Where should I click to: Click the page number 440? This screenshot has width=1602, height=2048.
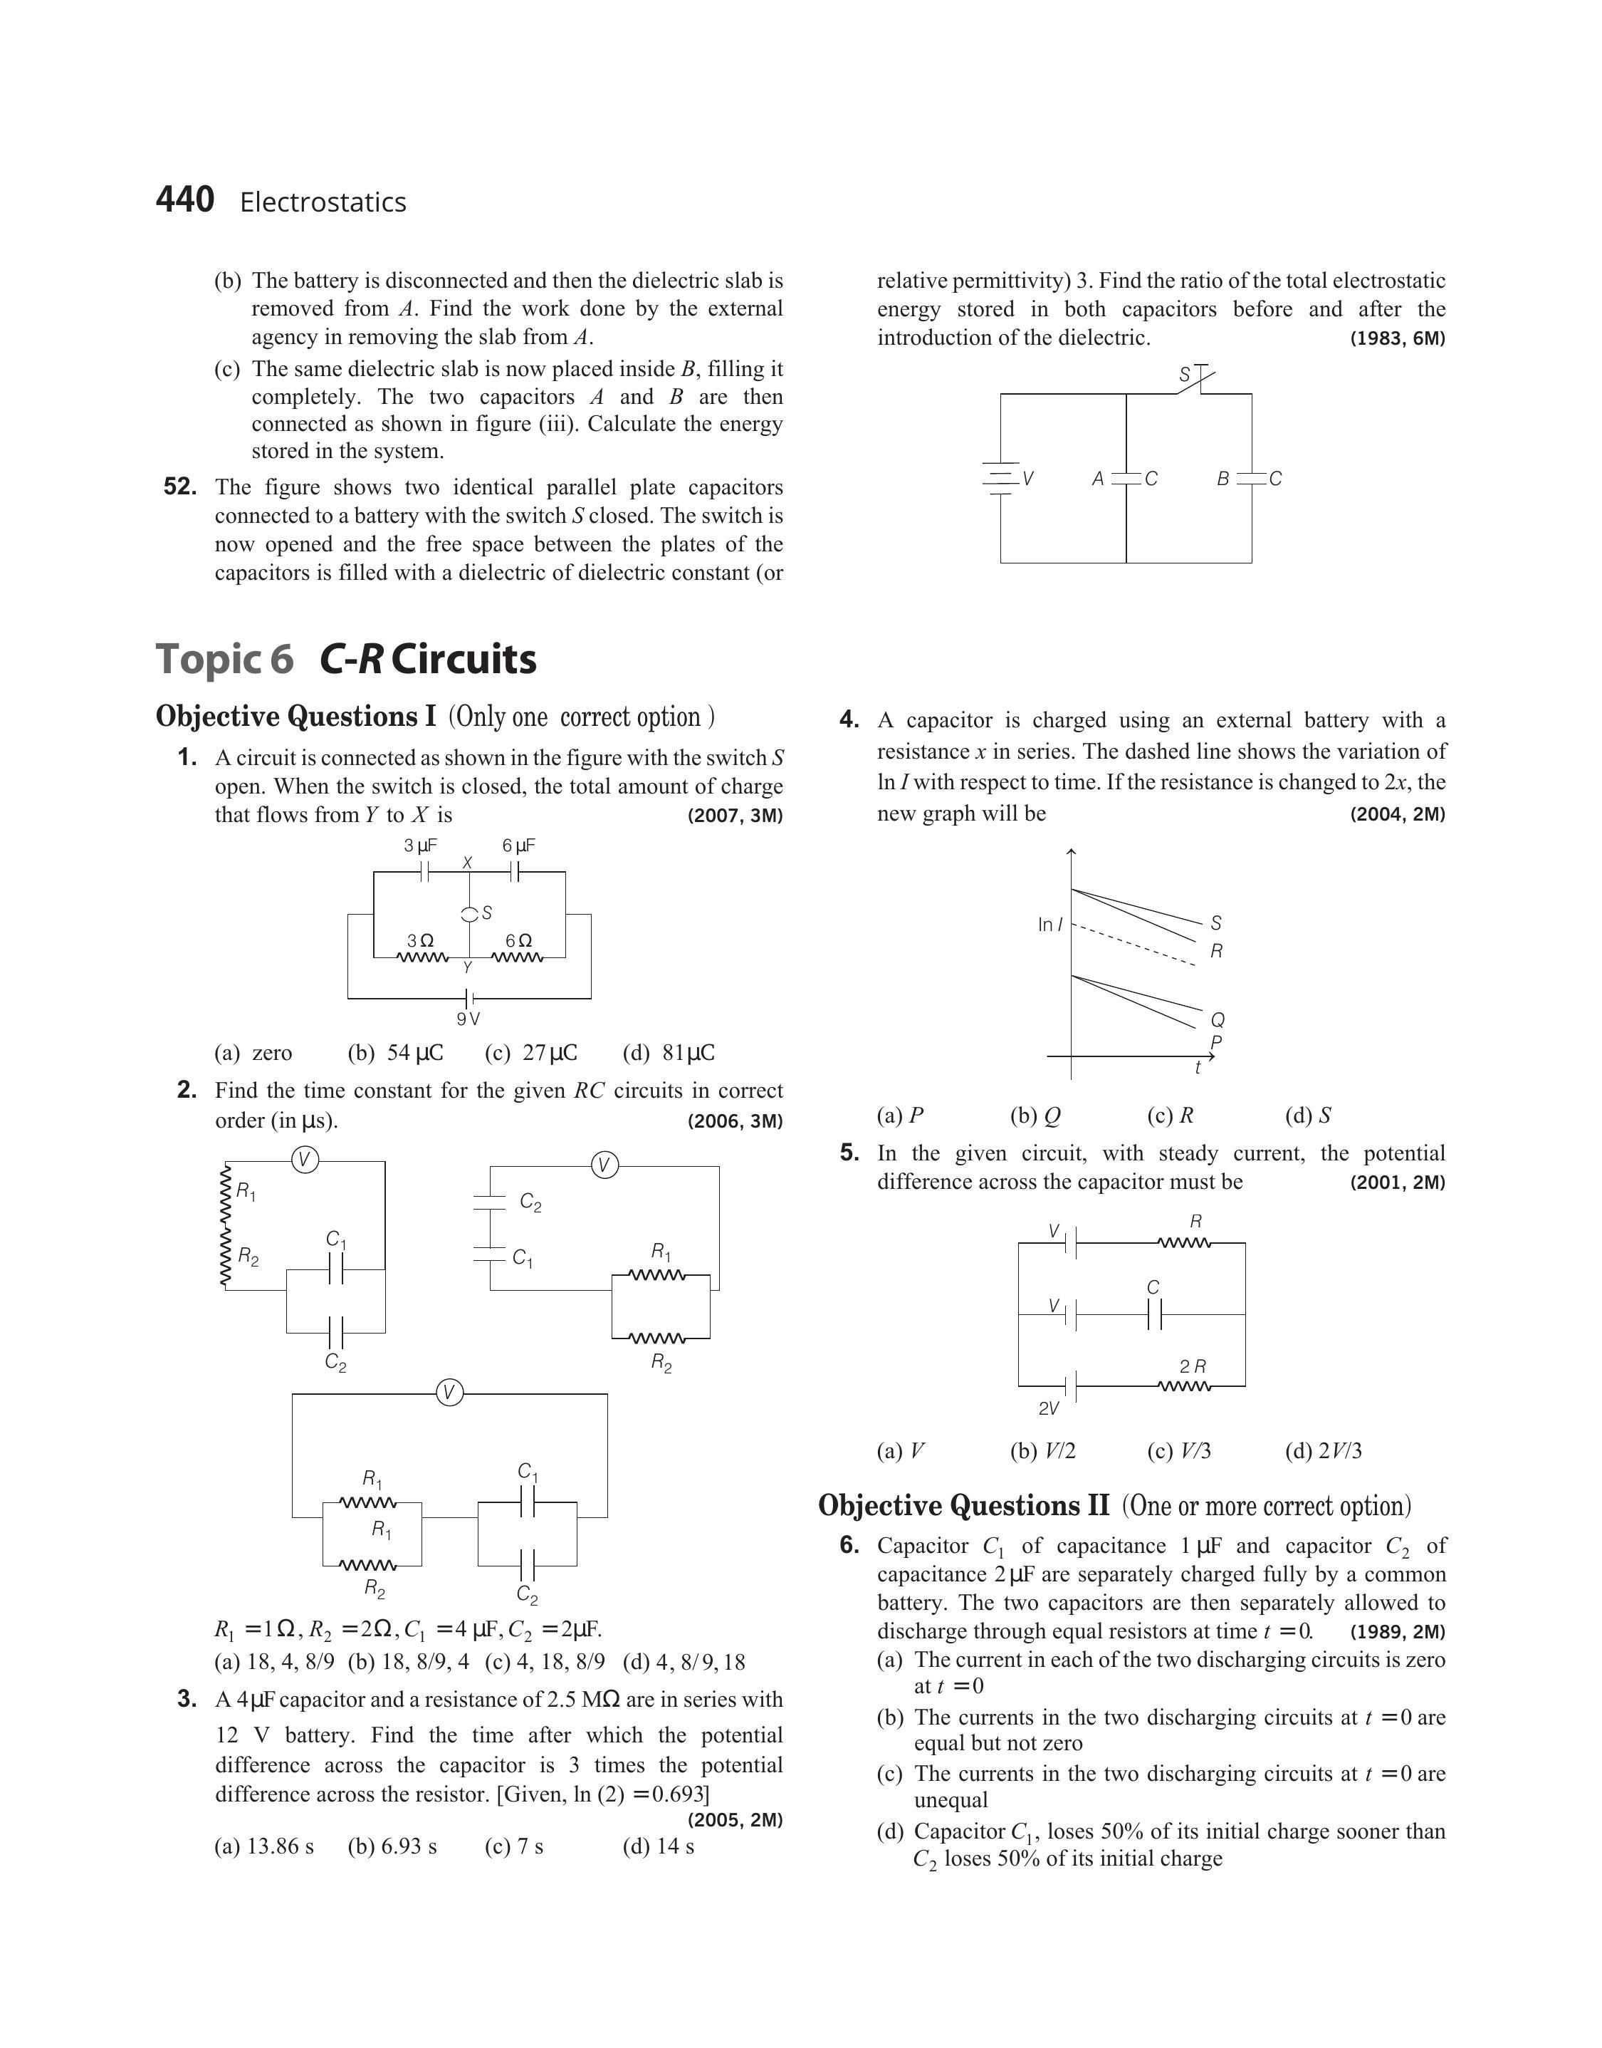coord(185,200)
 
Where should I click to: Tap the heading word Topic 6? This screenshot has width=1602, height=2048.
coord(225,659)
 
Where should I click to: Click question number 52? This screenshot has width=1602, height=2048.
coord(180,487)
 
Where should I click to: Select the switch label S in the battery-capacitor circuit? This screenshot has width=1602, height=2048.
coord(1185,375)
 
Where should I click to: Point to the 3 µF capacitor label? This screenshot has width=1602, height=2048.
coord(420,846)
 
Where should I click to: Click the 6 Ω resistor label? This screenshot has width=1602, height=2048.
coord(518,939)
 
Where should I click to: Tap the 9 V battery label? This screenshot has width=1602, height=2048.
coord(468,1019)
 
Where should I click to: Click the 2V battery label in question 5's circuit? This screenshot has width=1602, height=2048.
coord(1049,1408)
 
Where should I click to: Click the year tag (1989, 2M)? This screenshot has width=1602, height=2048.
coord(1398,1631)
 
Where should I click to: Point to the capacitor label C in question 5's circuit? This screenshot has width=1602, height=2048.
coord(1153,1288)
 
